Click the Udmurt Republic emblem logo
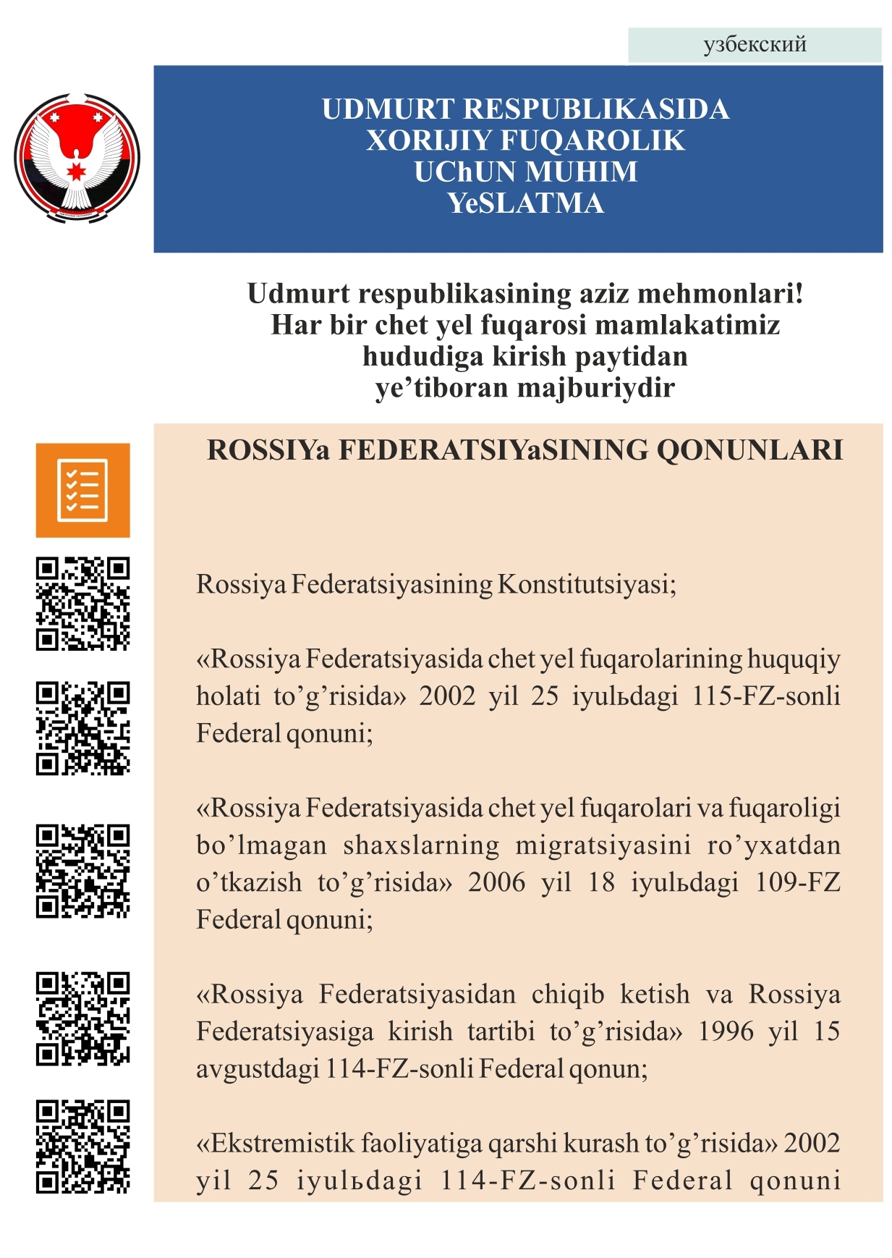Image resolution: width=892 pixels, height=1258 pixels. coord(77,157)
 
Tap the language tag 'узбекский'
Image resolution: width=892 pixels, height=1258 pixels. coord(755,45)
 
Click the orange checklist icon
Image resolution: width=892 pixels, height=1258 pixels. coord(82,490)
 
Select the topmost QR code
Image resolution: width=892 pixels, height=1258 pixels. coord(82,603)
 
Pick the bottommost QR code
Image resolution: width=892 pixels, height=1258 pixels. coord(82,1147)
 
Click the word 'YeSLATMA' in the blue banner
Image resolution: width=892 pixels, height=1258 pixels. coord(525,203)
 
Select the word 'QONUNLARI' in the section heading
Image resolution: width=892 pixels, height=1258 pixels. coord(749,450)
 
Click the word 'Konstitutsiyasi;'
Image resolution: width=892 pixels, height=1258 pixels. coord(587,584)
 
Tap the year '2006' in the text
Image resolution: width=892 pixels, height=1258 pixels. coord(496,882)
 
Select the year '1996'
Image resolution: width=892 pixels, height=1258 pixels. coord(726,1031)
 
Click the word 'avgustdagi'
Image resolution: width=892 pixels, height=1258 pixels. coord(258,1069)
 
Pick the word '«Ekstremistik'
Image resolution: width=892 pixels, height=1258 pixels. coord(275,1144)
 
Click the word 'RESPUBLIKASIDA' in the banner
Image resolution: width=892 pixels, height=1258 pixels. coord(595,109)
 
